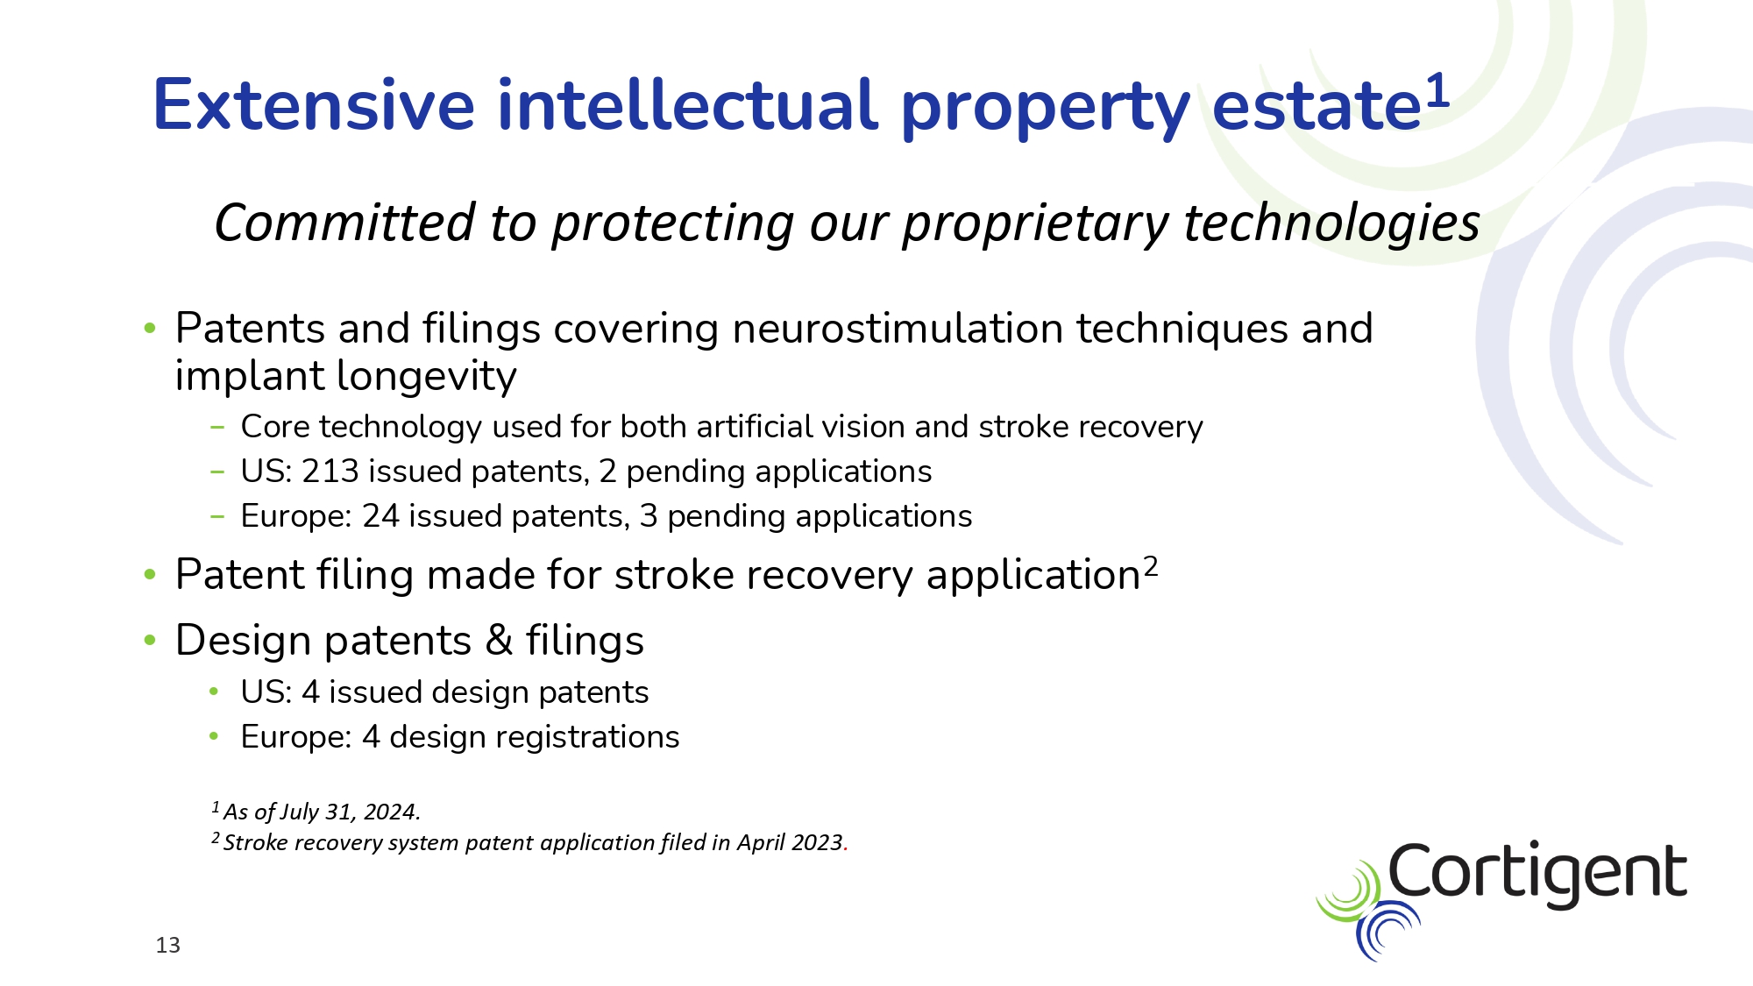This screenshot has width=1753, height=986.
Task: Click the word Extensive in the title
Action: [x=314, y=105]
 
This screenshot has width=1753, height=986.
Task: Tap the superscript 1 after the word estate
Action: [x=1437, y=91]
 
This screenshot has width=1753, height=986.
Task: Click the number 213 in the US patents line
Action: [x=330, y=472]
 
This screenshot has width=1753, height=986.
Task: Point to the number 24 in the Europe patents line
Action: [x=381, y=516]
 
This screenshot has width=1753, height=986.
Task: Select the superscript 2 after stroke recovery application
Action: [x=1150, y=566]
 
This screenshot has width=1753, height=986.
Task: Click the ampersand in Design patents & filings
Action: [x=499, y=640]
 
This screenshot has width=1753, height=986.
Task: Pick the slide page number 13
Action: [x=167, y=945]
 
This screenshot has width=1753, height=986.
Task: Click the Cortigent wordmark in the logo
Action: [x=1537, y=874]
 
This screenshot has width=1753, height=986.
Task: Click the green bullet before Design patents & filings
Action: [x=150, y=640]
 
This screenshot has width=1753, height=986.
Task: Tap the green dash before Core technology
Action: [x=217, y=428]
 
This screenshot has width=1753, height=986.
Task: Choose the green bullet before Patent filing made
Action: [x=150, y=574]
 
